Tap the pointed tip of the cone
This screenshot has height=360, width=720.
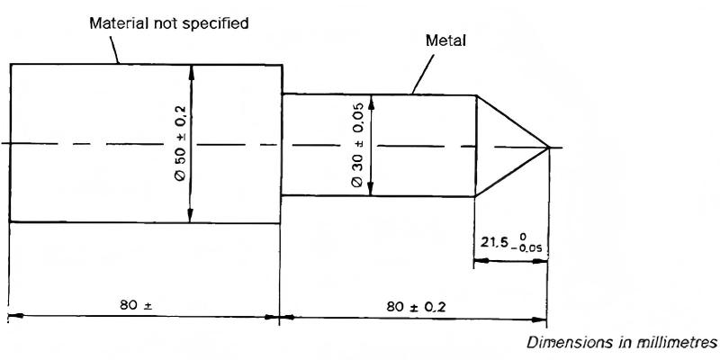[x=548, y=148]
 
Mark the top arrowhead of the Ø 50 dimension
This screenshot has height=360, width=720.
[x=191, y=71]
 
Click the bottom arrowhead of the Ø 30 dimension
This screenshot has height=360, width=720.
[x=373, y=190]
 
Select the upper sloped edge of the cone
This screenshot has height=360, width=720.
[x=511, y=121]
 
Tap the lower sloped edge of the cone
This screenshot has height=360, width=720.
[x=511, y=172]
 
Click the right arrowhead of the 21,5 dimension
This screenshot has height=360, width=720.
[x=541, y=261]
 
